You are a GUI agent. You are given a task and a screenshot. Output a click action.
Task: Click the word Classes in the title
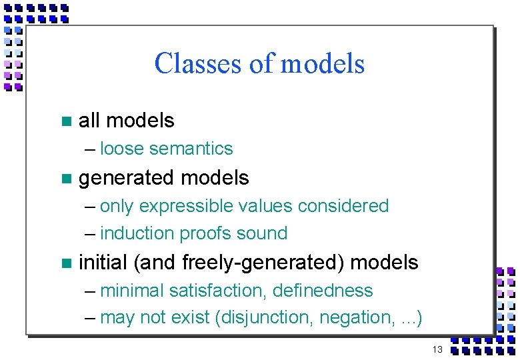coord(193,64)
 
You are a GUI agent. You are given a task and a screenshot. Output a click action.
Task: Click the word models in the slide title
coord(323,64)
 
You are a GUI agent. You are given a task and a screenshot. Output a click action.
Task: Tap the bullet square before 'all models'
coord(65,121)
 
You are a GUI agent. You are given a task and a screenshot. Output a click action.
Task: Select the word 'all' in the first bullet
coord(89,121)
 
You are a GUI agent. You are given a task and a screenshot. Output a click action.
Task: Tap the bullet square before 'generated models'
coord(65,179)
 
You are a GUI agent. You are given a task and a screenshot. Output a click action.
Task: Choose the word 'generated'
coord(127,179)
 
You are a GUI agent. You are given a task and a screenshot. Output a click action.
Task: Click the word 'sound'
coord(264,233)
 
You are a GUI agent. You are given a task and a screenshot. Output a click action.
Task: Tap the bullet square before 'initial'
coord(65,263)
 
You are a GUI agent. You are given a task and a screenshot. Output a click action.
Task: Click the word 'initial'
coord(103,263)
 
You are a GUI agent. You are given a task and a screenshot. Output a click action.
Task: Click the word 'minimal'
coord(132,291)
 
